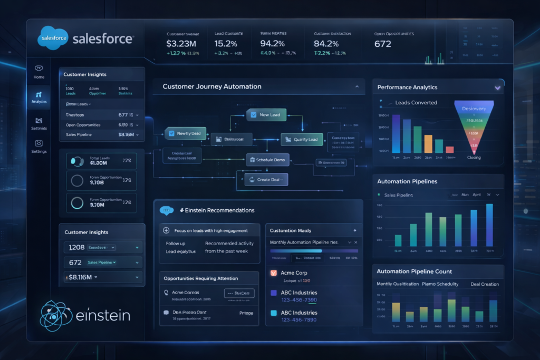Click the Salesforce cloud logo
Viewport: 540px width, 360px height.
point(53,38)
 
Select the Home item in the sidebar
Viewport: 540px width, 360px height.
point(39,72)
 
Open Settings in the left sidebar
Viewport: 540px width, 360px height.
point(39,146)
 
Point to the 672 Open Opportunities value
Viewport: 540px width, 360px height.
point(383,44)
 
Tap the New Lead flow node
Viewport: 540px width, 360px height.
point(266,114)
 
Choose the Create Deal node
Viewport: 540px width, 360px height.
point(266,180)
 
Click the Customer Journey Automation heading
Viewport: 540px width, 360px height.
point(211,86)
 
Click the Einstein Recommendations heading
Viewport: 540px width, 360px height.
point(217,210)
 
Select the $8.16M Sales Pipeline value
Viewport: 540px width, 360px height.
point(124,135)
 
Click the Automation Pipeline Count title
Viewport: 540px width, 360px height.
point(414,271)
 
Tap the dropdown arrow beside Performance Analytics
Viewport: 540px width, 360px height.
point(497,87)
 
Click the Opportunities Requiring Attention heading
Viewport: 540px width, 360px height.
point(201,278)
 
